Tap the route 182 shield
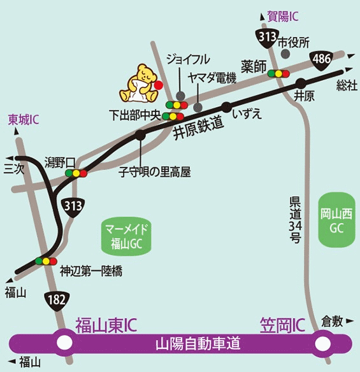[x=55, y=297]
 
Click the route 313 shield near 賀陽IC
[x=266, y=38]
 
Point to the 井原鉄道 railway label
[x=199, y=127]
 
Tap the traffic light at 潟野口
[x=76, y=173]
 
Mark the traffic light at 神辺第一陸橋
[x=46, y=261]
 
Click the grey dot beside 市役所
[x=284, y=54]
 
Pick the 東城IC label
[x=25, y=119]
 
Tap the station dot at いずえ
[x=226, y=106]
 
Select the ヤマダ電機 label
[x=213, y=78]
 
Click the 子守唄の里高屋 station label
[x=155, y=171]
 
